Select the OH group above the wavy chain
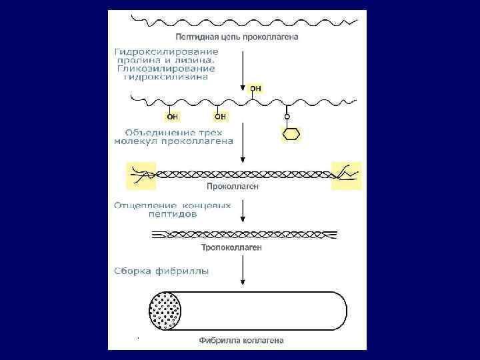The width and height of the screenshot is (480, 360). [x=255, y=88]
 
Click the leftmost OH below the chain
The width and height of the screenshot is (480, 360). [x=173, y=117]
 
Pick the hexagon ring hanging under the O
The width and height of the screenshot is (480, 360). [x=289, y=133]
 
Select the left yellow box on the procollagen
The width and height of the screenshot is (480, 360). [x=141, y=175]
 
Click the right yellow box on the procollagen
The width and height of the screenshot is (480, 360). [x=347, y=175]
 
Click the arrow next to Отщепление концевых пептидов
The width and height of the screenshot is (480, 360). [x=243, y=213]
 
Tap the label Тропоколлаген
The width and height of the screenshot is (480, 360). [x=231, y=247]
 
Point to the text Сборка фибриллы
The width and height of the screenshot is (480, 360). [x=161, y=271]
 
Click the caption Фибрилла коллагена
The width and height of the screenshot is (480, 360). [x=241, y=341]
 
